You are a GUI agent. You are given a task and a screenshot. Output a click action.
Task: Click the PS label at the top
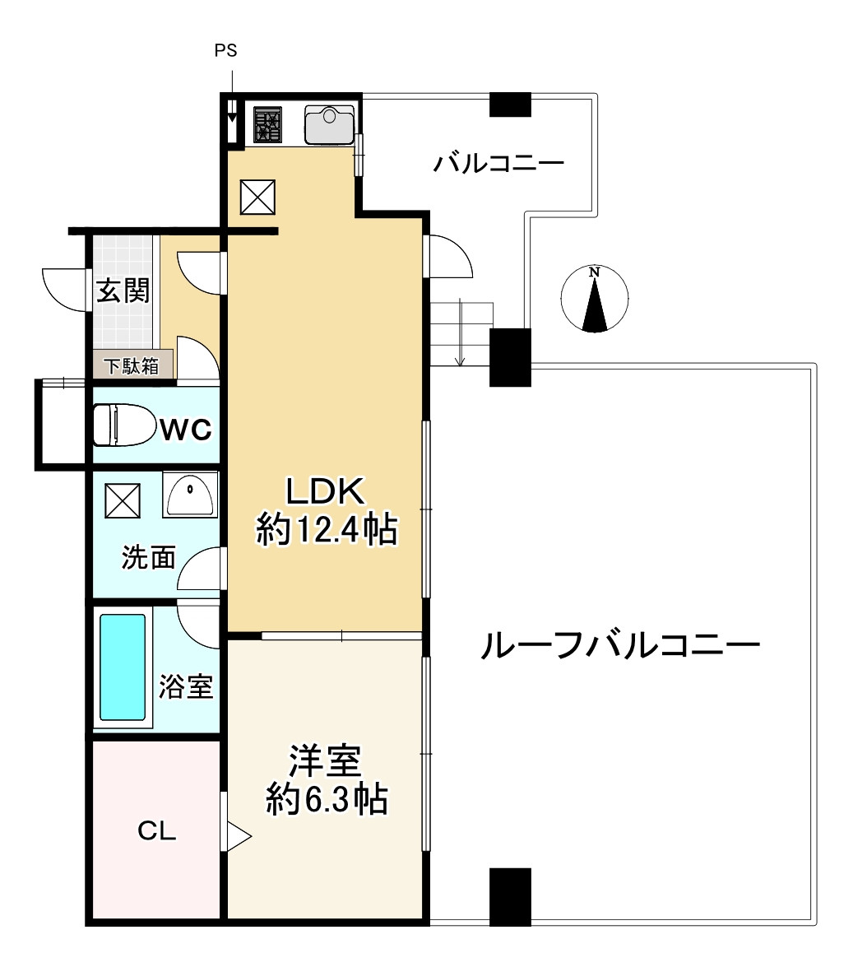pos(225,50)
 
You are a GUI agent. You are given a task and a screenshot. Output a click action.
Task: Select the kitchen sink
pos(330,124)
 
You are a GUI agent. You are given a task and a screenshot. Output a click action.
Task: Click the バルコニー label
pos(498,164)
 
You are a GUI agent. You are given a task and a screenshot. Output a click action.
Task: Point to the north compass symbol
pos(595,299)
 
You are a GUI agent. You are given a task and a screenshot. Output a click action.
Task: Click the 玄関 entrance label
pos(123,291)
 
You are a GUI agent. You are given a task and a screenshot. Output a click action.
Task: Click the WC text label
pos(186,430)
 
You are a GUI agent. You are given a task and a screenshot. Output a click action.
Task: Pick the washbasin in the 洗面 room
pos(191,495)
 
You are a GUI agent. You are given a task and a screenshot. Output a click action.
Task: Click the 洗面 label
pos(149,557)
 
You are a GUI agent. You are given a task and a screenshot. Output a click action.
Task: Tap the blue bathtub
pos(123,667)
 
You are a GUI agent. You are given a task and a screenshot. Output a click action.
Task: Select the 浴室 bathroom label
pos(186,686)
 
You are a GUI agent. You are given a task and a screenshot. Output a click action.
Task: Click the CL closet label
pos(156,830)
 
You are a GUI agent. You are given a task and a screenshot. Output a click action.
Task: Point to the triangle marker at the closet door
pos(239,837)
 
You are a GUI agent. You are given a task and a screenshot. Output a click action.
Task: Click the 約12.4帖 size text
pos(327,529)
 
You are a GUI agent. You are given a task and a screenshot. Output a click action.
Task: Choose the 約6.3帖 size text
pos(327,799)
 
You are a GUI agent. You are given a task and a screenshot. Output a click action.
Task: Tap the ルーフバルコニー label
pos(619,646)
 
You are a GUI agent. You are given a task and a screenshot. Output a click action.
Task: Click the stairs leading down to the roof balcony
pos(461,333)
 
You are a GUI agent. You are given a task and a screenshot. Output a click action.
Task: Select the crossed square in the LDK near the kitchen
pos(257,198)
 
